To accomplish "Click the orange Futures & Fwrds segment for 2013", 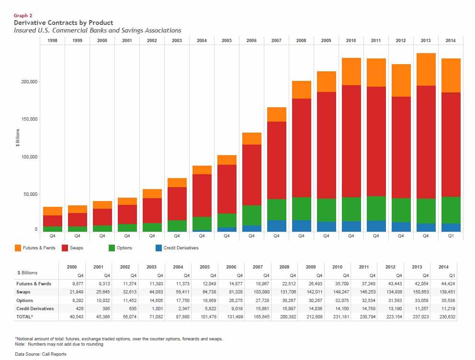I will (426, 69).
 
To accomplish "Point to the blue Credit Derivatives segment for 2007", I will (276, 226).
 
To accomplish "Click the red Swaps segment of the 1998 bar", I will (52, 221).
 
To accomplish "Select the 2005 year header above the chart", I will (226, 41).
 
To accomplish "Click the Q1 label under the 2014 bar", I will (451, 236).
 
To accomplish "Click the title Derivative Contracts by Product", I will (64, 22).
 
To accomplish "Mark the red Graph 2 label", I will (23, 16).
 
